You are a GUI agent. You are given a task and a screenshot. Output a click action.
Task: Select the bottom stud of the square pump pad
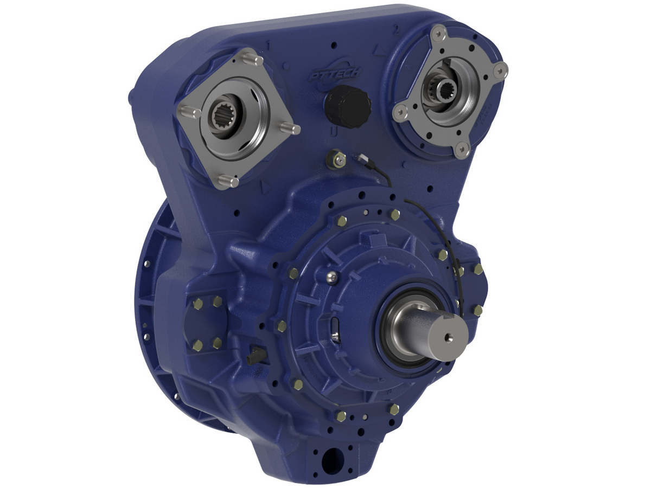pos(227,181)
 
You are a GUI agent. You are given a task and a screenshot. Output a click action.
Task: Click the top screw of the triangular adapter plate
pos(438,34)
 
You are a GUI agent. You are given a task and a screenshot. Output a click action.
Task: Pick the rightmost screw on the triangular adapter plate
pos(501,69)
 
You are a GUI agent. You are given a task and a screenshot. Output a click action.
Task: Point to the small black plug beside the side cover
pos(255,356)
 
